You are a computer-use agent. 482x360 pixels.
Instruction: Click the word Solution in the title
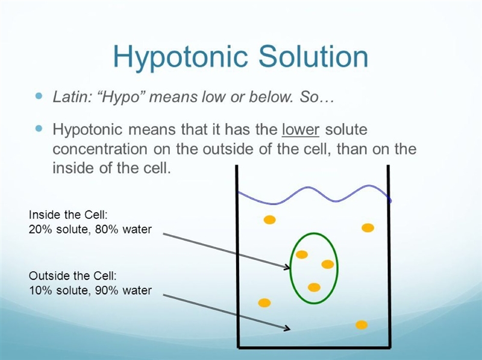313,57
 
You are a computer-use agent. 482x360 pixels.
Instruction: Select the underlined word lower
300,129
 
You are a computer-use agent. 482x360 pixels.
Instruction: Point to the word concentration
100,149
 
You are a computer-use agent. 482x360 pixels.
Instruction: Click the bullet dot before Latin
39,96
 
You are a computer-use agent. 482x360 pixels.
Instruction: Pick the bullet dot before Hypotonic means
39,128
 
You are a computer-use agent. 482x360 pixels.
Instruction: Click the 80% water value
124,229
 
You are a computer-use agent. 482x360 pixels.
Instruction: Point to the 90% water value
124,290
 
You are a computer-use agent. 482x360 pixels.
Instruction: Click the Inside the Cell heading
68,215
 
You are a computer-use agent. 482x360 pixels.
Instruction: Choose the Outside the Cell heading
73,276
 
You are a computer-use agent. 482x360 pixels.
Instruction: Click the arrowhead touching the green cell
287,267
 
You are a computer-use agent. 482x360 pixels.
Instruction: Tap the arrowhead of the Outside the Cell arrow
287,328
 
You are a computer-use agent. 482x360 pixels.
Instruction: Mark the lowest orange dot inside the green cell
314,288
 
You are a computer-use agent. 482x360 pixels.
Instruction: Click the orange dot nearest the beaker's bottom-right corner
361,325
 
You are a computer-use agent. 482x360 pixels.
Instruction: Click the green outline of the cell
291,268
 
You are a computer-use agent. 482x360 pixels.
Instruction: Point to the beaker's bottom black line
314,348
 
